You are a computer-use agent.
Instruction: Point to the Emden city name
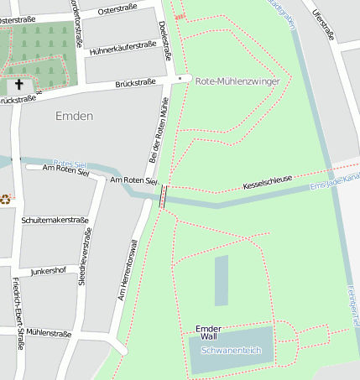pos(74,116)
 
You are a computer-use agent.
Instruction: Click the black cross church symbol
pos(19,85)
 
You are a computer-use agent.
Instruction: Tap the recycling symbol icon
pos(6,199)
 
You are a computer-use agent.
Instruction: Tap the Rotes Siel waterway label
pos(70,164)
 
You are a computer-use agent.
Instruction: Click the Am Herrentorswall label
pos(128,270)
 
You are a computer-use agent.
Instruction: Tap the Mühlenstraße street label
pos(49,333)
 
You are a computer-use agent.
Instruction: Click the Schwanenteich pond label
pos(232,350)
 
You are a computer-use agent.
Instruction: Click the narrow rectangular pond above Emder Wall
pos(222,280)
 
